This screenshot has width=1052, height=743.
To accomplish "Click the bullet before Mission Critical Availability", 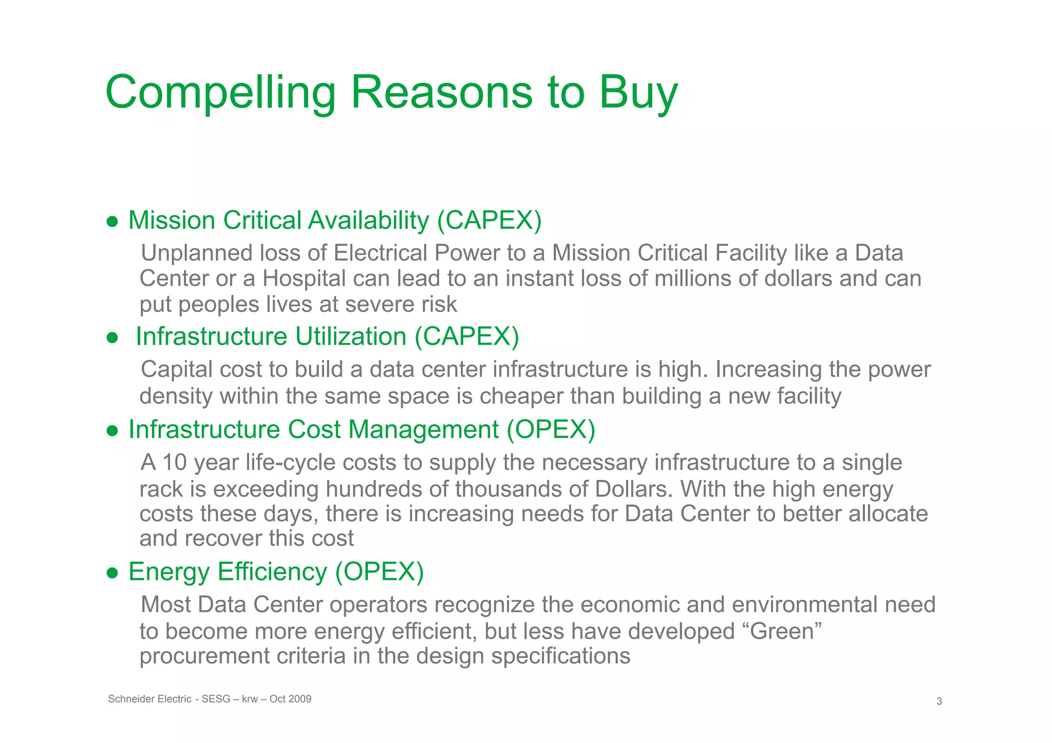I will point(112,222).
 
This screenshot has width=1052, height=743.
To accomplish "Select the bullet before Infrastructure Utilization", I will point(112,338).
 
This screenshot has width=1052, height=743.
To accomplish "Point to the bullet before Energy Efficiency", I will point(112,573).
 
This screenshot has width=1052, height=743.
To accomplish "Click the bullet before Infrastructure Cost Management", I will point(112,431).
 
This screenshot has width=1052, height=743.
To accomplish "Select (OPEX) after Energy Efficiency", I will point(379,571).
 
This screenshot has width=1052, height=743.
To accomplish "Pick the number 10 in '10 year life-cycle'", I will point(175,462).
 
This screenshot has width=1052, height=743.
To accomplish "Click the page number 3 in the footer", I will point(939,701).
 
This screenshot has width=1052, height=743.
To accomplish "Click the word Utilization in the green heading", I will point(351,337).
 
